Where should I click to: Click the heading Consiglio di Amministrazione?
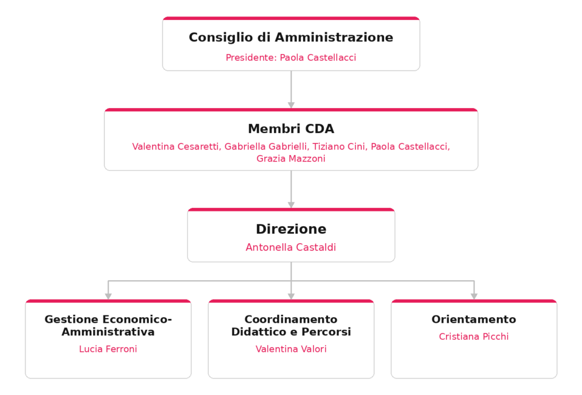291,38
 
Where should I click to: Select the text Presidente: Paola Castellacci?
291,57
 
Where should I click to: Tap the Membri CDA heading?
291,129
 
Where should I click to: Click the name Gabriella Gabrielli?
267,147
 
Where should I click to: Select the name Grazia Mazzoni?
291,159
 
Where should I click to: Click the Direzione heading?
291,229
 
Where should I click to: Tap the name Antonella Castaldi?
291,247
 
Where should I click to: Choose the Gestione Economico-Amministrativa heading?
108,325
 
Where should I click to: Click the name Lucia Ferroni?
108,349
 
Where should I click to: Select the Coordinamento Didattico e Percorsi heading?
291,325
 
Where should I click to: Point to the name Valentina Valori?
291,349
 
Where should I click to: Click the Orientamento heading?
474,319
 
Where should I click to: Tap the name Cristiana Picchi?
474,336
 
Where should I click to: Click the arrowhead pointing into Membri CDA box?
291,106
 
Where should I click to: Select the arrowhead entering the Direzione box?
291,205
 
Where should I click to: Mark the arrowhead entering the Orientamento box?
474,297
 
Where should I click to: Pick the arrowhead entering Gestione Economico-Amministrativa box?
108,297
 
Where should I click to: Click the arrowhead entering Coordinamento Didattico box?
291,297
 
